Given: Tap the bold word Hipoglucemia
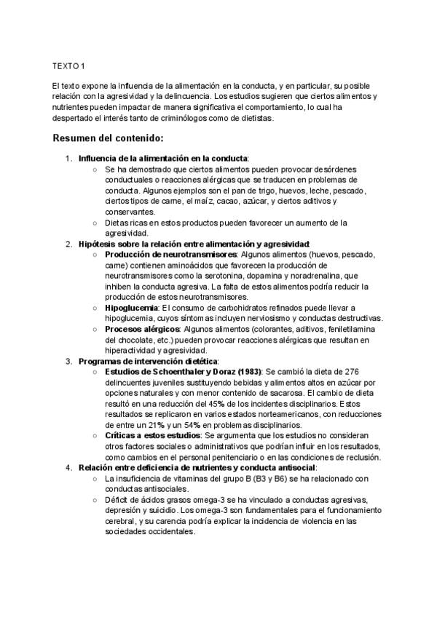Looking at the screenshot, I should coord(132,308).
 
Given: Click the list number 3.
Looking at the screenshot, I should coord(68,361).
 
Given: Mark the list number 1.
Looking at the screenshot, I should coord(68,158).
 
